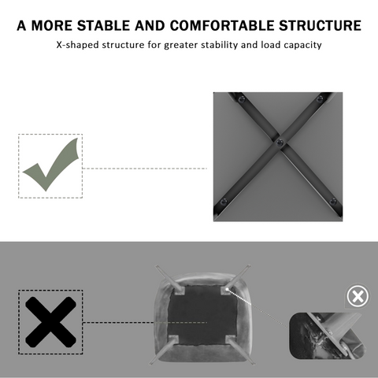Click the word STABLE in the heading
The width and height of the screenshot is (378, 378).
pyautogui.click(x=104, y=26)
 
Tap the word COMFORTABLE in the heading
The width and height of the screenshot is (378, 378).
pyautogui.click(x=222, y=26)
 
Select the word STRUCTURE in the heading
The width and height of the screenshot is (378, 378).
pyautogui.click(x=320, y=26)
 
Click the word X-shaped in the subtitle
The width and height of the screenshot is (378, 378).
pyautogui.click(x=78, y=45)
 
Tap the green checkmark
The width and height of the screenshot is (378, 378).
pyautogui.click(x=50, y=165)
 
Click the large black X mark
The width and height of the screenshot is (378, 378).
pyautogui.click(x=50, y=322)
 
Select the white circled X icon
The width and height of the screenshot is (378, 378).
pyautogui.click(x=358, y=296)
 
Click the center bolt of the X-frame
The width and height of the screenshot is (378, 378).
pyautogui.click(x=280, y=143)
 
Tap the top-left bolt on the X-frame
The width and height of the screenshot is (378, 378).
pyautogui.click(x=242, y=99)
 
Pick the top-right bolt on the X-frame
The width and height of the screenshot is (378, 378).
pyautogui.click(x=320, y=99)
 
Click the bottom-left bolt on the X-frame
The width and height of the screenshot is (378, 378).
pyautogui.click(x=224, y=202)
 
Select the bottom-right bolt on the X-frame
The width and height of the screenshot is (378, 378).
pyautogui.click(x=333, y=202)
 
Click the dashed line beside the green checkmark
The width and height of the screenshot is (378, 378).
pyautogui.click(x=145, y=169)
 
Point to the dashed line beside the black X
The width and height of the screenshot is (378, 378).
pyautogui.click(x=145, y=322)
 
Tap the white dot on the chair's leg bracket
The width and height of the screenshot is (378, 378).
pyautogui.click(x=227, y=289)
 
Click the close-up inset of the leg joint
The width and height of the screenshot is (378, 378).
pyautogui.click(x=328, y=335)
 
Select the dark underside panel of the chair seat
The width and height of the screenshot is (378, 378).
pyautogui.click(x=202, y=314)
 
